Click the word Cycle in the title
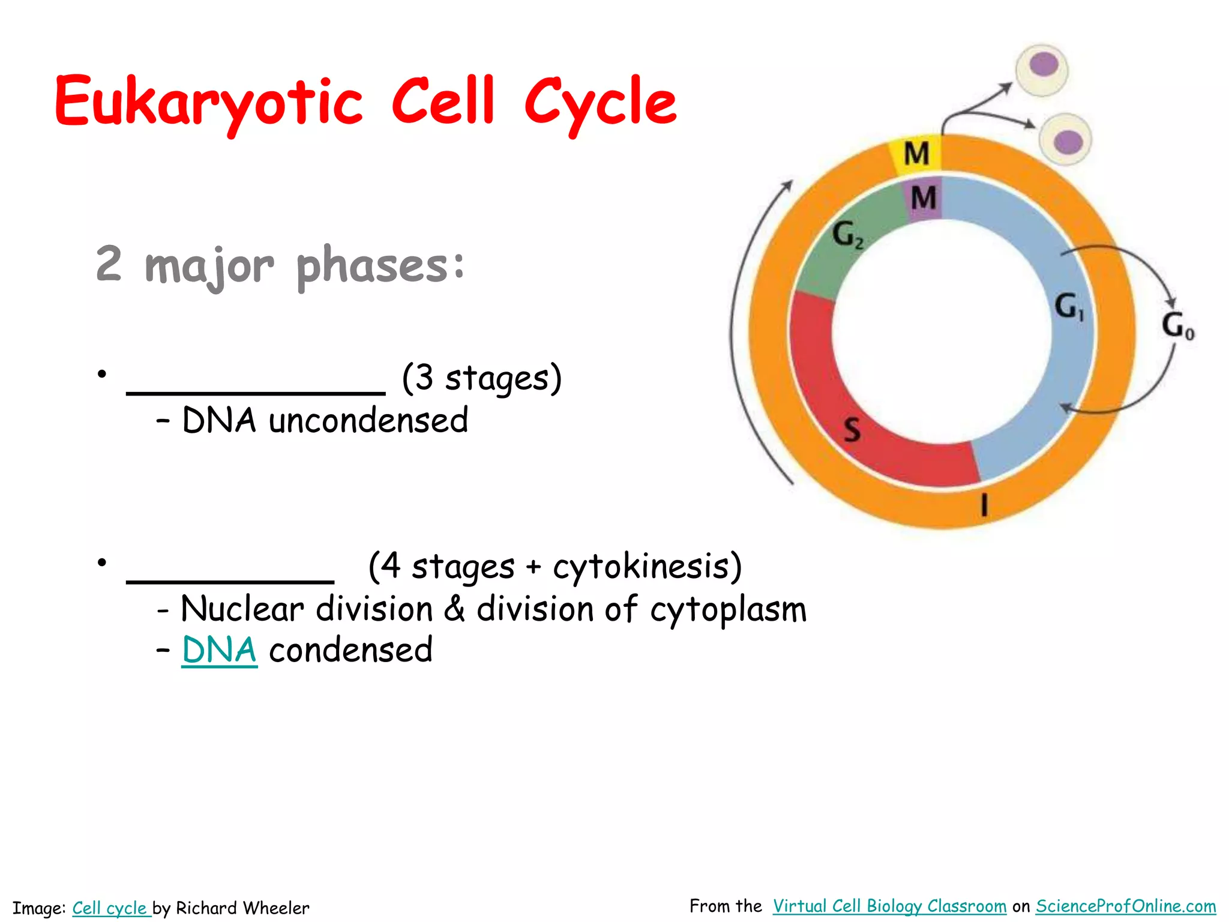pos(600,103)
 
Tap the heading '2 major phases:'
pos(280,265)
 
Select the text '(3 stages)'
pos(481,378)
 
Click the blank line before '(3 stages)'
pos(256,391)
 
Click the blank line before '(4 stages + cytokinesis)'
pos(230,580)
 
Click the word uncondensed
pos(368,420)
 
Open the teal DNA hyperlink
pos(219,651)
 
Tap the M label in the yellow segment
pos(916,154)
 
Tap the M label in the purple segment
pos(924,198)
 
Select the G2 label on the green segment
pos(847,234)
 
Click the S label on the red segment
pos(852,430)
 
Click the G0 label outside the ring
pos(1177,326)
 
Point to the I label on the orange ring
pos(984,505)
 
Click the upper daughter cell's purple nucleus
pos(1044,64)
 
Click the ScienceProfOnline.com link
pos(1125,906)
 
